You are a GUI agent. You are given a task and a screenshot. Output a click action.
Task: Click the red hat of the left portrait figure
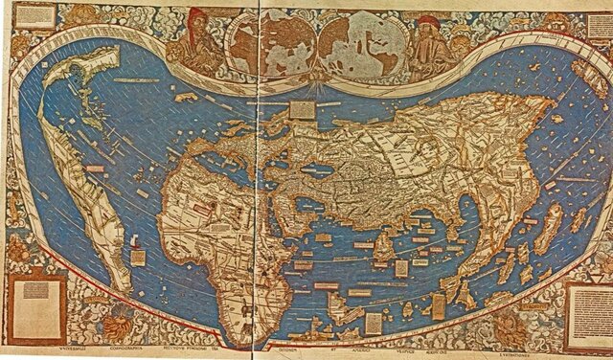(x=198, y=14)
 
